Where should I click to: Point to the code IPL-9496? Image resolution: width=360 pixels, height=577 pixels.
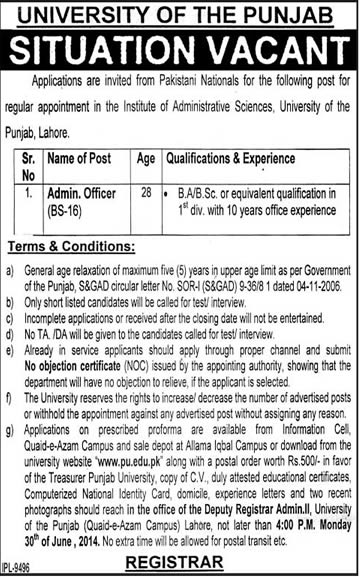coord(22,569)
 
